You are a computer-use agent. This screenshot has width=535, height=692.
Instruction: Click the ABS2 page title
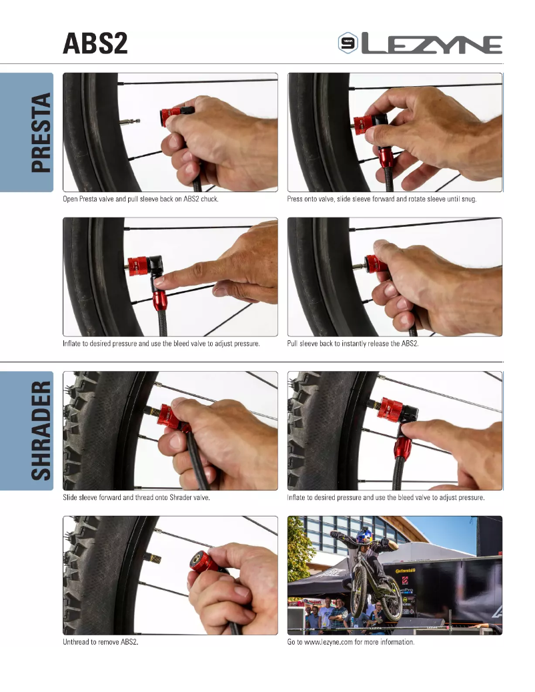(95, 44)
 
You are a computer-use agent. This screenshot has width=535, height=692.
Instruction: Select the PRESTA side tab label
(41, 133)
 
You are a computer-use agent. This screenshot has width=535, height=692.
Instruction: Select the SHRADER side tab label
(41, 430)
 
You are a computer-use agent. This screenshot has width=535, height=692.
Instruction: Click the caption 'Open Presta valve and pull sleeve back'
(141, 200)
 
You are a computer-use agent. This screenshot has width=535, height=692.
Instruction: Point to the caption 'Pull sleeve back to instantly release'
(353, 343)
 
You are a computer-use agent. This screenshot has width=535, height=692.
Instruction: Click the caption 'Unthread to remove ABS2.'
(101, 642)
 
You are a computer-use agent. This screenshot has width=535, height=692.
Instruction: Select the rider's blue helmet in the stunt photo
(365, 536)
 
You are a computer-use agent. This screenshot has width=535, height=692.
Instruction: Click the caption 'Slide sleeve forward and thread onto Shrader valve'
(137, 498)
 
